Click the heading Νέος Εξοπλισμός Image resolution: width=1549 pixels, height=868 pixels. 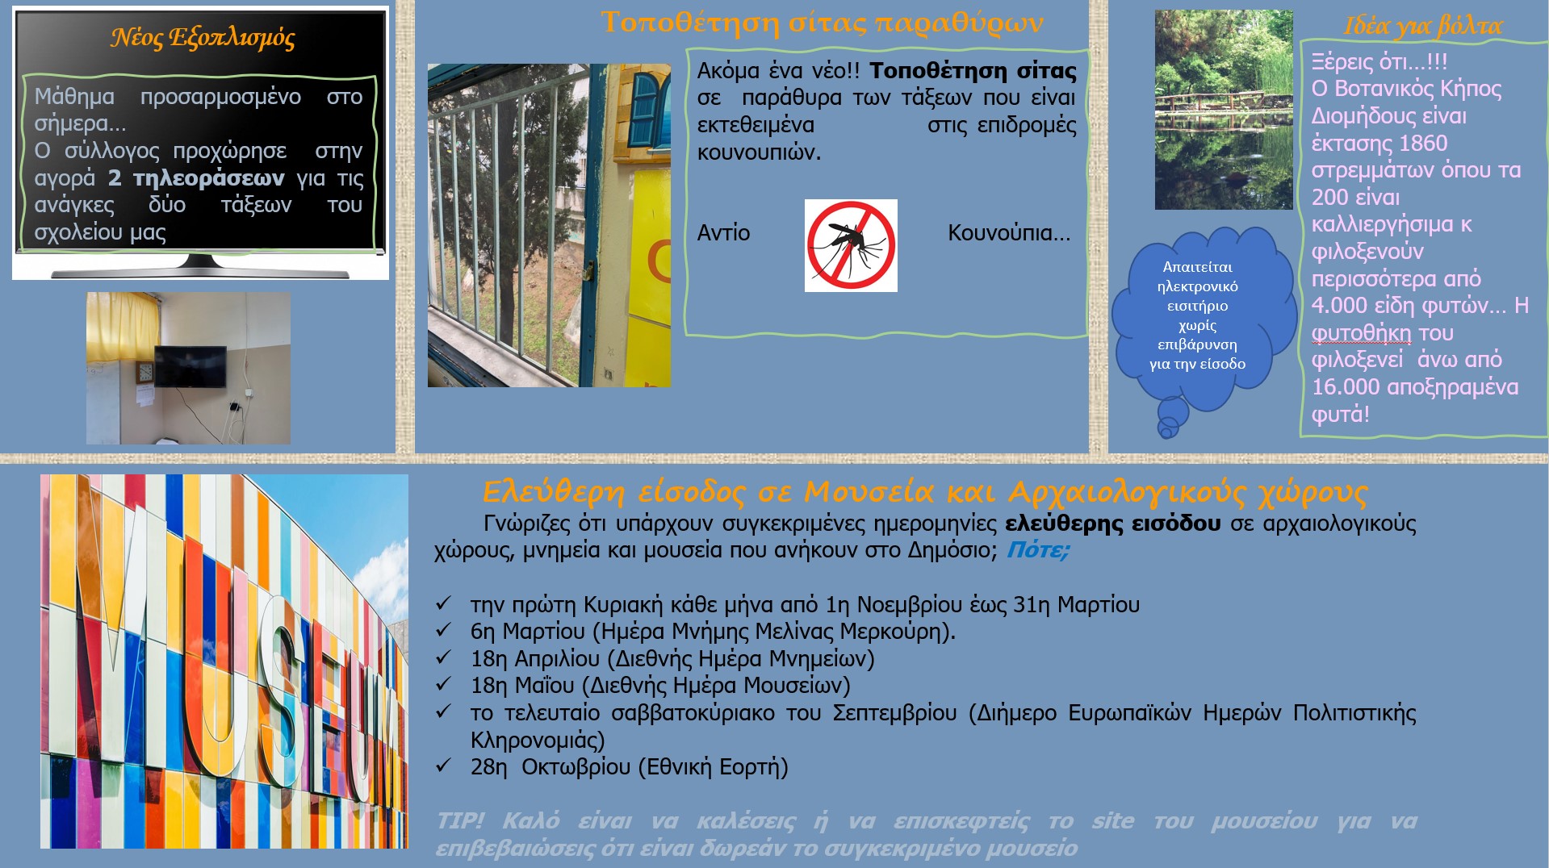click(x=203, y=38)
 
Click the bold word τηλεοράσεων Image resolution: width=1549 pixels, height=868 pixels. click(x=208, y=178)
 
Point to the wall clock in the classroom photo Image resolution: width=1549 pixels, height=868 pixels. click(x=145, y=373)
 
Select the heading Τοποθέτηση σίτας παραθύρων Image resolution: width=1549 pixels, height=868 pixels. click(x=822, y=23)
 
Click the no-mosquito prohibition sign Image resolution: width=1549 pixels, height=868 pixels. click(x=851, y=245)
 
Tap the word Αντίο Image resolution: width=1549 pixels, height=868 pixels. click(x=723, y=233)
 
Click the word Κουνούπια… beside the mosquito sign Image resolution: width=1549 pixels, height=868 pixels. click(x=1009, y=233)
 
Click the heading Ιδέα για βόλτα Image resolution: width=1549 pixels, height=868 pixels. click(x=1422, y=26)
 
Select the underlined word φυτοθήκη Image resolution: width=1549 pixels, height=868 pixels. click(x=1361, y=333)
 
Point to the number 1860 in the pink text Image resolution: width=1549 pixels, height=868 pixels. click(x=1423, y=144)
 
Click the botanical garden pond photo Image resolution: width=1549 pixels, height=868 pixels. click(x=1224, y=110)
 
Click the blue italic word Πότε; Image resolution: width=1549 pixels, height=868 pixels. click(x=1038, y=550)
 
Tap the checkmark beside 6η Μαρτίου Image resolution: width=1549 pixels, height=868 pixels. click(x=443, y=629)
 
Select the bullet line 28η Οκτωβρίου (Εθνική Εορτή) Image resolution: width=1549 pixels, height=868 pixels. click(x=630, y=766)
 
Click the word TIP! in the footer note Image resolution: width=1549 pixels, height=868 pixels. click(x=460, y=821)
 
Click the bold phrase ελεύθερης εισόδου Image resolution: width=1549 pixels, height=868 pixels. click(x=1113, y=524)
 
